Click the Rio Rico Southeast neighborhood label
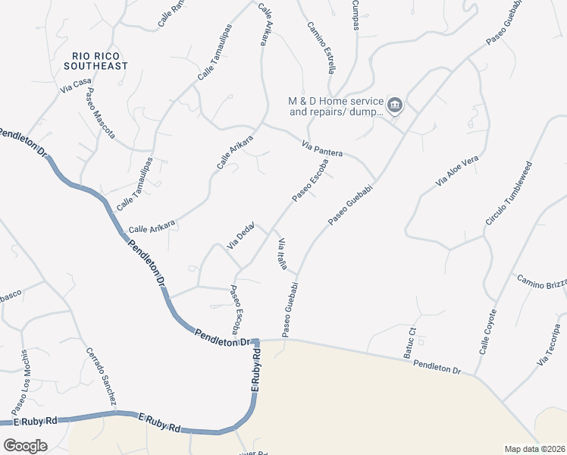click(x=100, y=61)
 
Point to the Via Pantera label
click(x=322, y=149)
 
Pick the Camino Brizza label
click(x=542, y=281)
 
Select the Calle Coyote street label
click(x=488, y=332)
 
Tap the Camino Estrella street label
click(x=321, y=47)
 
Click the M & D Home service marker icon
click(x=394, y=105)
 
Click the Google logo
click(x=25, y=445)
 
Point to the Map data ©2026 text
click(x=534, y=449)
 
